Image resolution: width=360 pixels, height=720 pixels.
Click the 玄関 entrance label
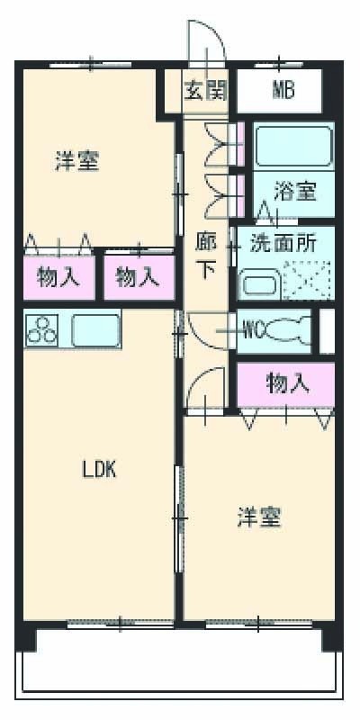click(205, 90)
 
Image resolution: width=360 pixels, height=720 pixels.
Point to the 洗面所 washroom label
click(283, 242)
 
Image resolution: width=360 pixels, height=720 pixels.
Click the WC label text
click(253, 328)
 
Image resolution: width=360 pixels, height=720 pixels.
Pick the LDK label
click(100, 469)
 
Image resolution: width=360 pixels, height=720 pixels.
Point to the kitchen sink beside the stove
click(95, 329)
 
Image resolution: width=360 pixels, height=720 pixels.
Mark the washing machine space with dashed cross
click(308, 280)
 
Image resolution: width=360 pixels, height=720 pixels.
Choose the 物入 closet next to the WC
click(288, 384)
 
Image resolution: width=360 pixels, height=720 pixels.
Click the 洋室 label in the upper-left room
click(76, 162)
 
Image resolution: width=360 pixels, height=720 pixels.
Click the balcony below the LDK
click(180, 666)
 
